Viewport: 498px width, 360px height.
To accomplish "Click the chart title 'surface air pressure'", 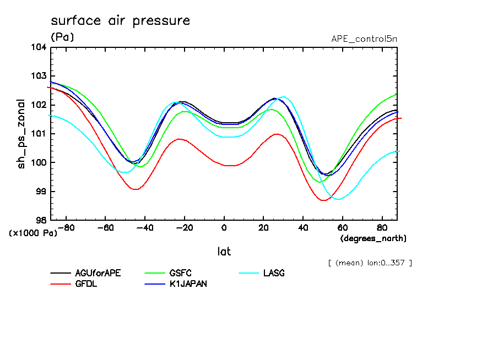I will tap(120, 21).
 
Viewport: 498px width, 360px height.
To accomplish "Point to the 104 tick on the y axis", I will tap(38, 47).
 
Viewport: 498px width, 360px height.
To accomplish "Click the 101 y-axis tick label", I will tap(38, 134).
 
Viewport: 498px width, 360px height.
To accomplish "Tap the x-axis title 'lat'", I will tap(224, 252).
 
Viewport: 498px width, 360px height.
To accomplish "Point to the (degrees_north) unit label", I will tap(373, 238).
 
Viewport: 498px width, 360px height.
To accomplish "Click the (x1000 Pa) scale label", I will tap(33, 233).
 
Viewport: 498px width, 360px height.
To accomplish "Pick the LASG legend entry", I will tap(274, 273).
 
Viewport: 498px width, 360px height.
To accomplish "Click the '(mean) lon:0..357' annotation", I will tap(370, 263).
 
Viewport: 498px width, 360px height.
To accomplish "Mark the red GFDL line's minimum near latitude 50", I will tap(323, 200).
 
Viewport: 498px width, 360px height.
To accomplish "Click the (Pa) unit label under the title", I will tap(62, 37).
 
